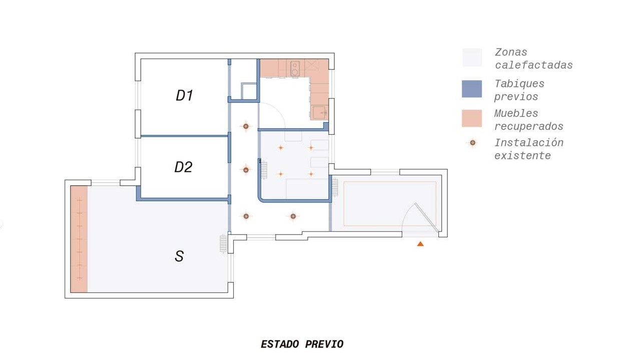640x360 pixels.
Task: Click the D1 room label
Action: point(185,96)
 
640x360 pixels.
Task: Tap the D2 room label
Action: point(184,167)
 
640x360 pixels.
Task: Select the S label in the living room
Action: point(179,256)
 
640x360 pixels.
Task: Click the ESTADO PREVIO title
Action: point(302,344)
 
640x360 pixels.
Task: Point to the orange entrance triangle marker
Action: point(420,244)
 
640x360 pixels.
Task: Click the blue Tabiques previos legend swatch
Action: point(472,89)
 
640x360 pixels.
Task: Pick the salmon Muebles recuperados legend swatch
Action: point(472,118)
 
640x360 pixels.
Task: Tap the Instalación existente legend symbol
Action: point(472,143)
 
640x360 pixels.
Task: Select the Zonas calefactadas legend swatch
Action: point(472,58)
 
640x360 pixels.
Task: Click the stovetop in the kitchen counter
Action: point(295,69)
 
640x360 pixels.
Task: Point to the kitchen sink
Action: point(319,112)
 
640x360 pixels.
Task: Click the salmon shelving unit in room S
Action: point(79,239)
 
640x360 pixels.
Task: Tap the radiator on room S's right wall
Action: point(223,244)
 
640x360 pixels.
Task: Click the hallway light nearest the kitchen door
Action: point(246,126)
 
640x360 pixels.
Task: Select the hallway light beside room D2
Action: point(246,170)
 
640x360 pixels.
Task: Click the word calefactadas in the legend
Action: point(534,66)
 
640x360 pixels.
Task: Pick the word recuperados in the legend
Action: point(529,126)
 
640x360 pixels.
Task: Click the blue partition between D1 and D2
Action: point(185,136)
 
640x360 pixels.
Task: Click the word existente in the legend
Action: point(522,156)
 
